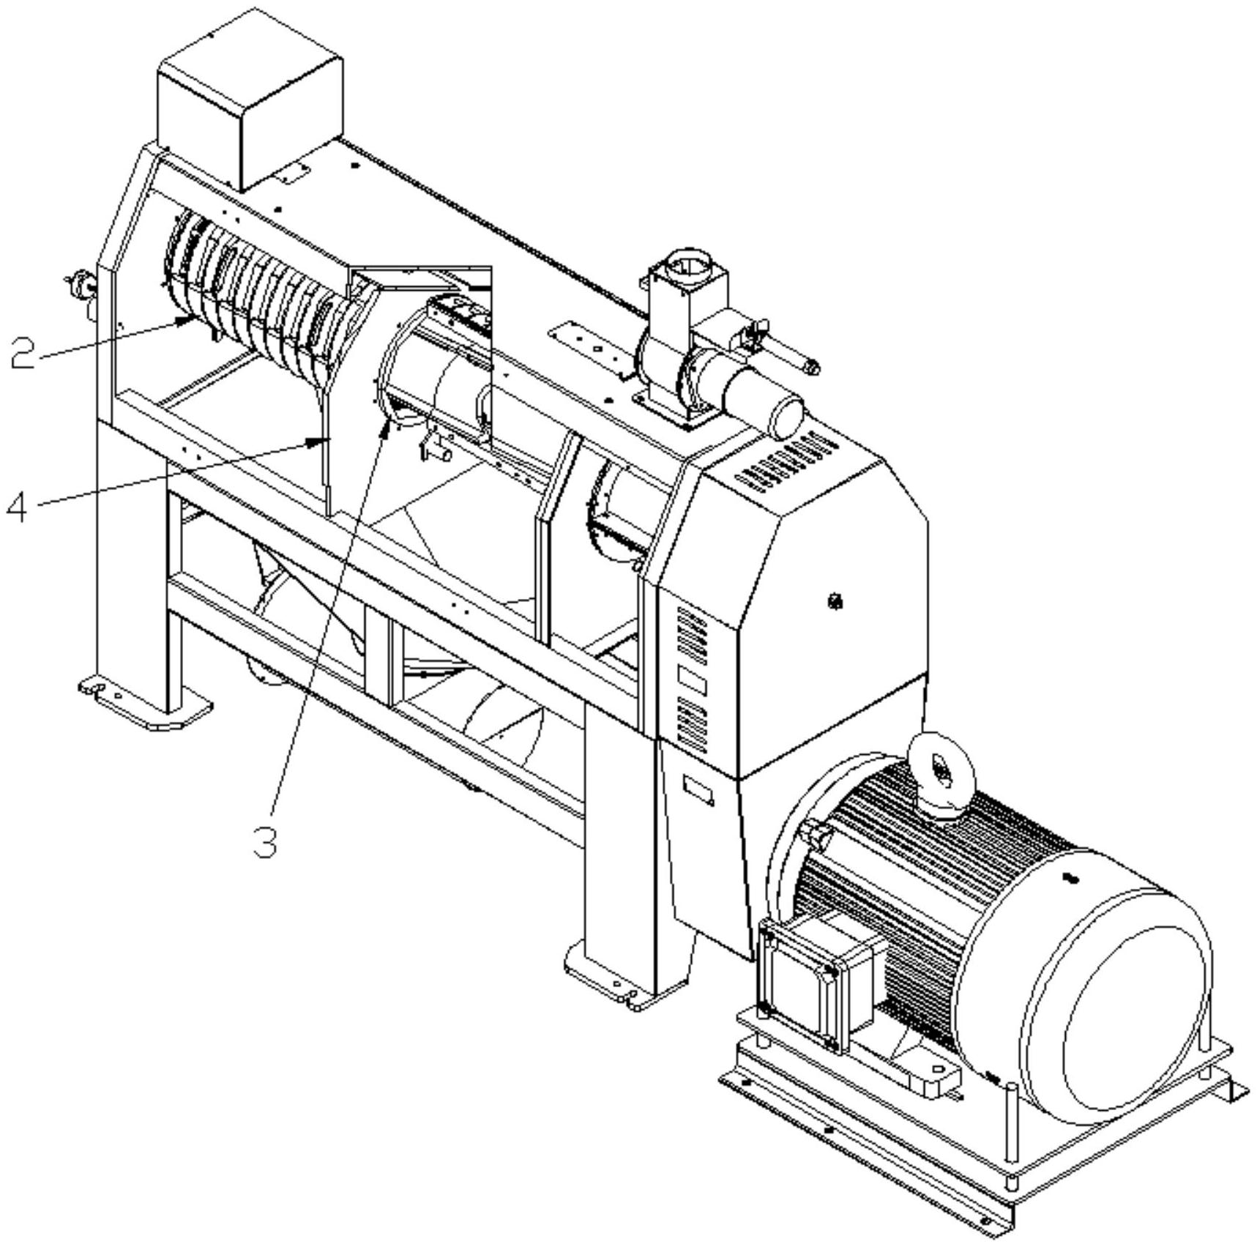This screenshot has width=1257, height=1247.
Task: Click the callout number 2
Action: (23, 351)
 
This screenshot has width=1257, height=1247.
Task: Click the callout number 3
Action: (265, 841)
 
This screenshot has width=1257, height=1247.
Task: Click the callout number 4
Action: (18, 507)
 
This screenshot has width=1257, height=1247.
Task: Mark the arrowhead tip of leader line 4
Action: (325, 440)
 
